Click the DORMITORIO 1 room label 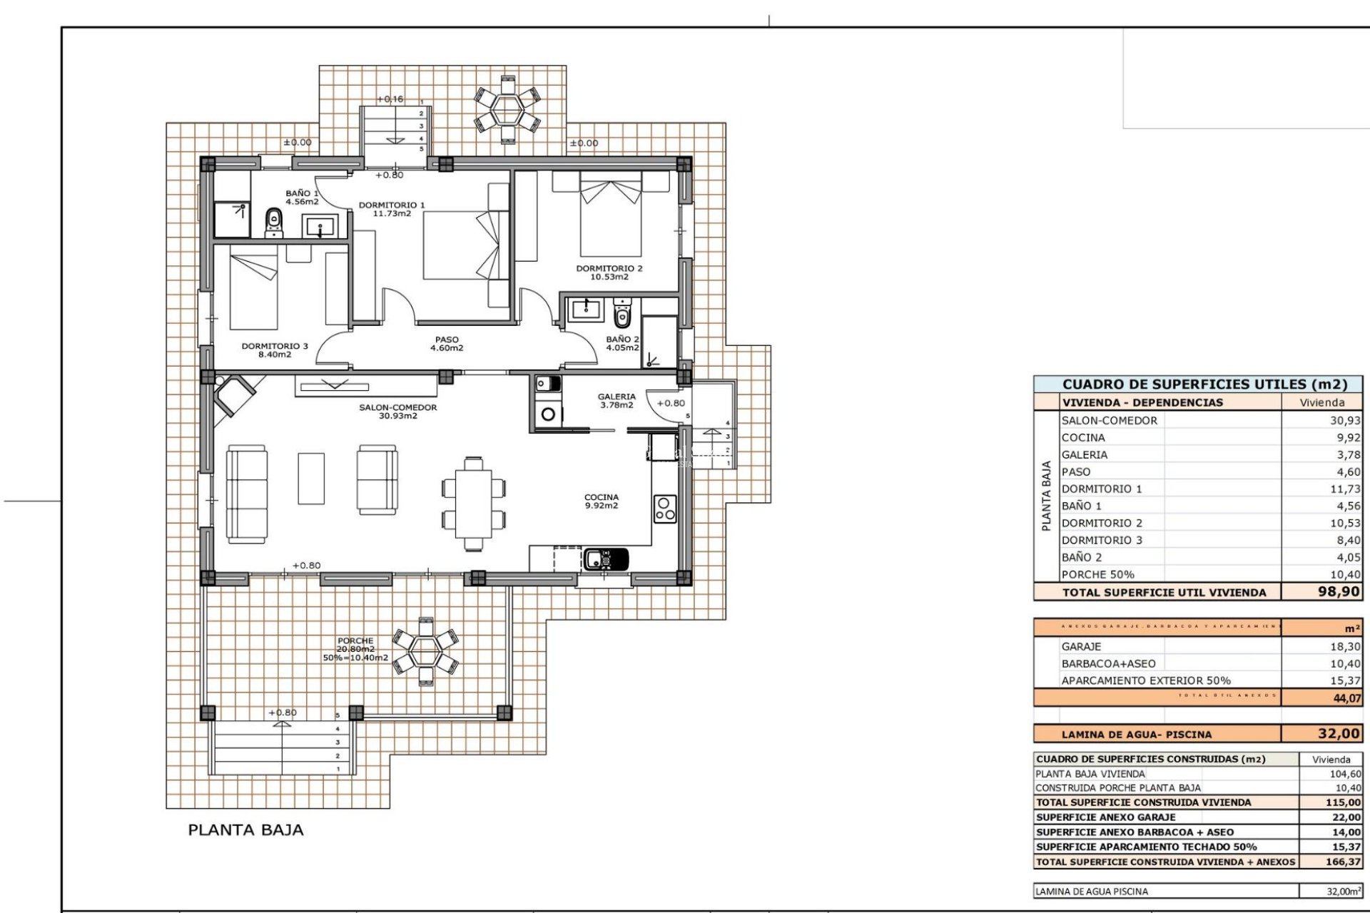(391, 209)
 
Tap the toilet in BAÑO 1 (273, 223)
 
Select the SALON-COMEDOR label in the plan (397, 412)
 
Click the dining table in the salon (473, 503)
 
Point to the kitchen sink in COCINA (606, 558)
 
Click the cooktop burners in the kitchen (665, 509)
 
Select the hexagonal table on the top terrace (507, 111)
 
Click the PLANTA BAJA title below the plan (245, 830)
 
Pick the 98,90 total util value (1338, 591)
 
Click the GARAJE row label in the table (1081, 646)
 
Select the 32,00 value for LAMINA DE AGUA (1338, 733)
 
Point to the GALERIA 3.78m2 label (616, 401)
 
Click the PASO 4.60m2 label (447, 344)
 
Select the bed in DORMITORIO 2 (611, 216)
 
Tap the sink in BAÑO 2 (587, 309)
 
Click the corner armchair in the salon (233, 395)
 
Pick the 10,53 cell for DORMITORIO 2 (1344, 523)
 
